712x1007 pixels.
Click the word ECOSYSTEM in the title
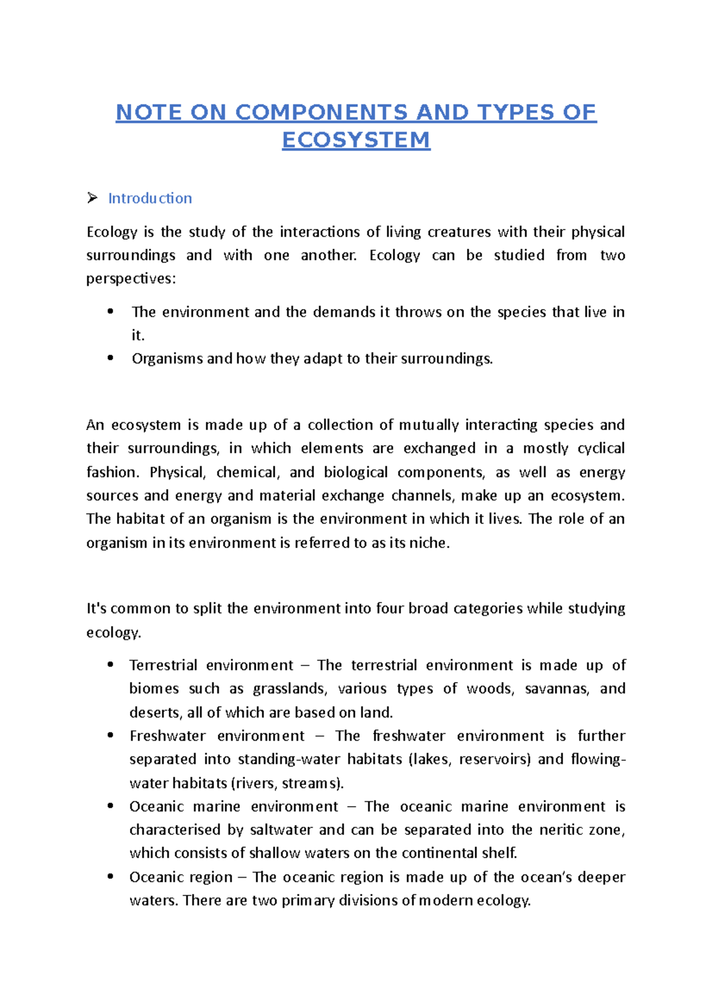tap(356, 140)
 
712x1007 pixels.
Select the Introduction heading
tap(150, 198)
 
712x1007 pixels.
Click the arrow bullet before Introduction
tap(92, 198)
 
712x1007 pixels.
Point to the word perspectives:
tap(131, 279)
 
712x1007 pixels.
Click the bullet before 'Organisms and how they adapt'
tap(110, 358)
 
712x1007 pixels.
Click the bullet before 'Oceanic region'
tap(110, 876)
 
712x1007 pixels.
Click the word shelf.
tap(501, 853)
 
